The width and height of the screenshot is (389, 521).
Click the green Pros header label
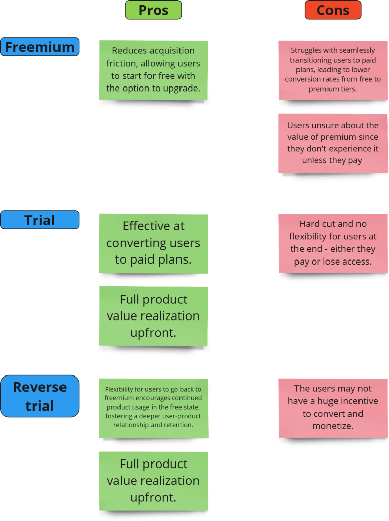tap(153, 10)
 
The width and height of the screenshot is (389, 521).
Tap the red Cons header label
tap(333, 10)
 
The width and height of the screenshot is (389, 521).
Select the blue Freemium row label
tap(40, 47)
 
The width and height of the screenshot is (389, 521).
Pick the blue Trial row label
tap(40, 220)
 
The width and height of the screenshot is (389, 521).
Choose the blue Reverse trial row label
tap(40, 396)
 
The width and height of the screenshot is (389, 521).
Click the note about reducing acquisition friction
tap(153, 70)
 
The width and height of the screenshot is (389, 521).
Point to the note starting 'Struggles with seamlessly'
tap(333, 70)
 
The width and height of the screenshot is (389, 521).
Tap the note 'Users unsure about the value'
tap(333, 143)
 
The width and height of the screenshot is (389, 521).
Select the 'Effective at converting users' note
tap(153, 243)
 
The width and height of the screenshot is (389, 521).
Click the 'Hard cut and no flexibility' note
tap(333, 243)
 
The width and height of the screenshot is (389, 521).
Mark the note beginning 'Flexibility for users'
tap(153, 408)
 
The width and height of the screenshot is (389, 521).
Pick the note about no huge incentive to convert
tap(333, 408)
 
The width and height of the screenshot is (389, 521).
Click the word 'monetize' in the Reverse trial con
tap(333, 426)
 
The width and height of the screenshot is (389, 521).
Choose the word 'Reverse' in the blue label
tap(40, 387)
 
